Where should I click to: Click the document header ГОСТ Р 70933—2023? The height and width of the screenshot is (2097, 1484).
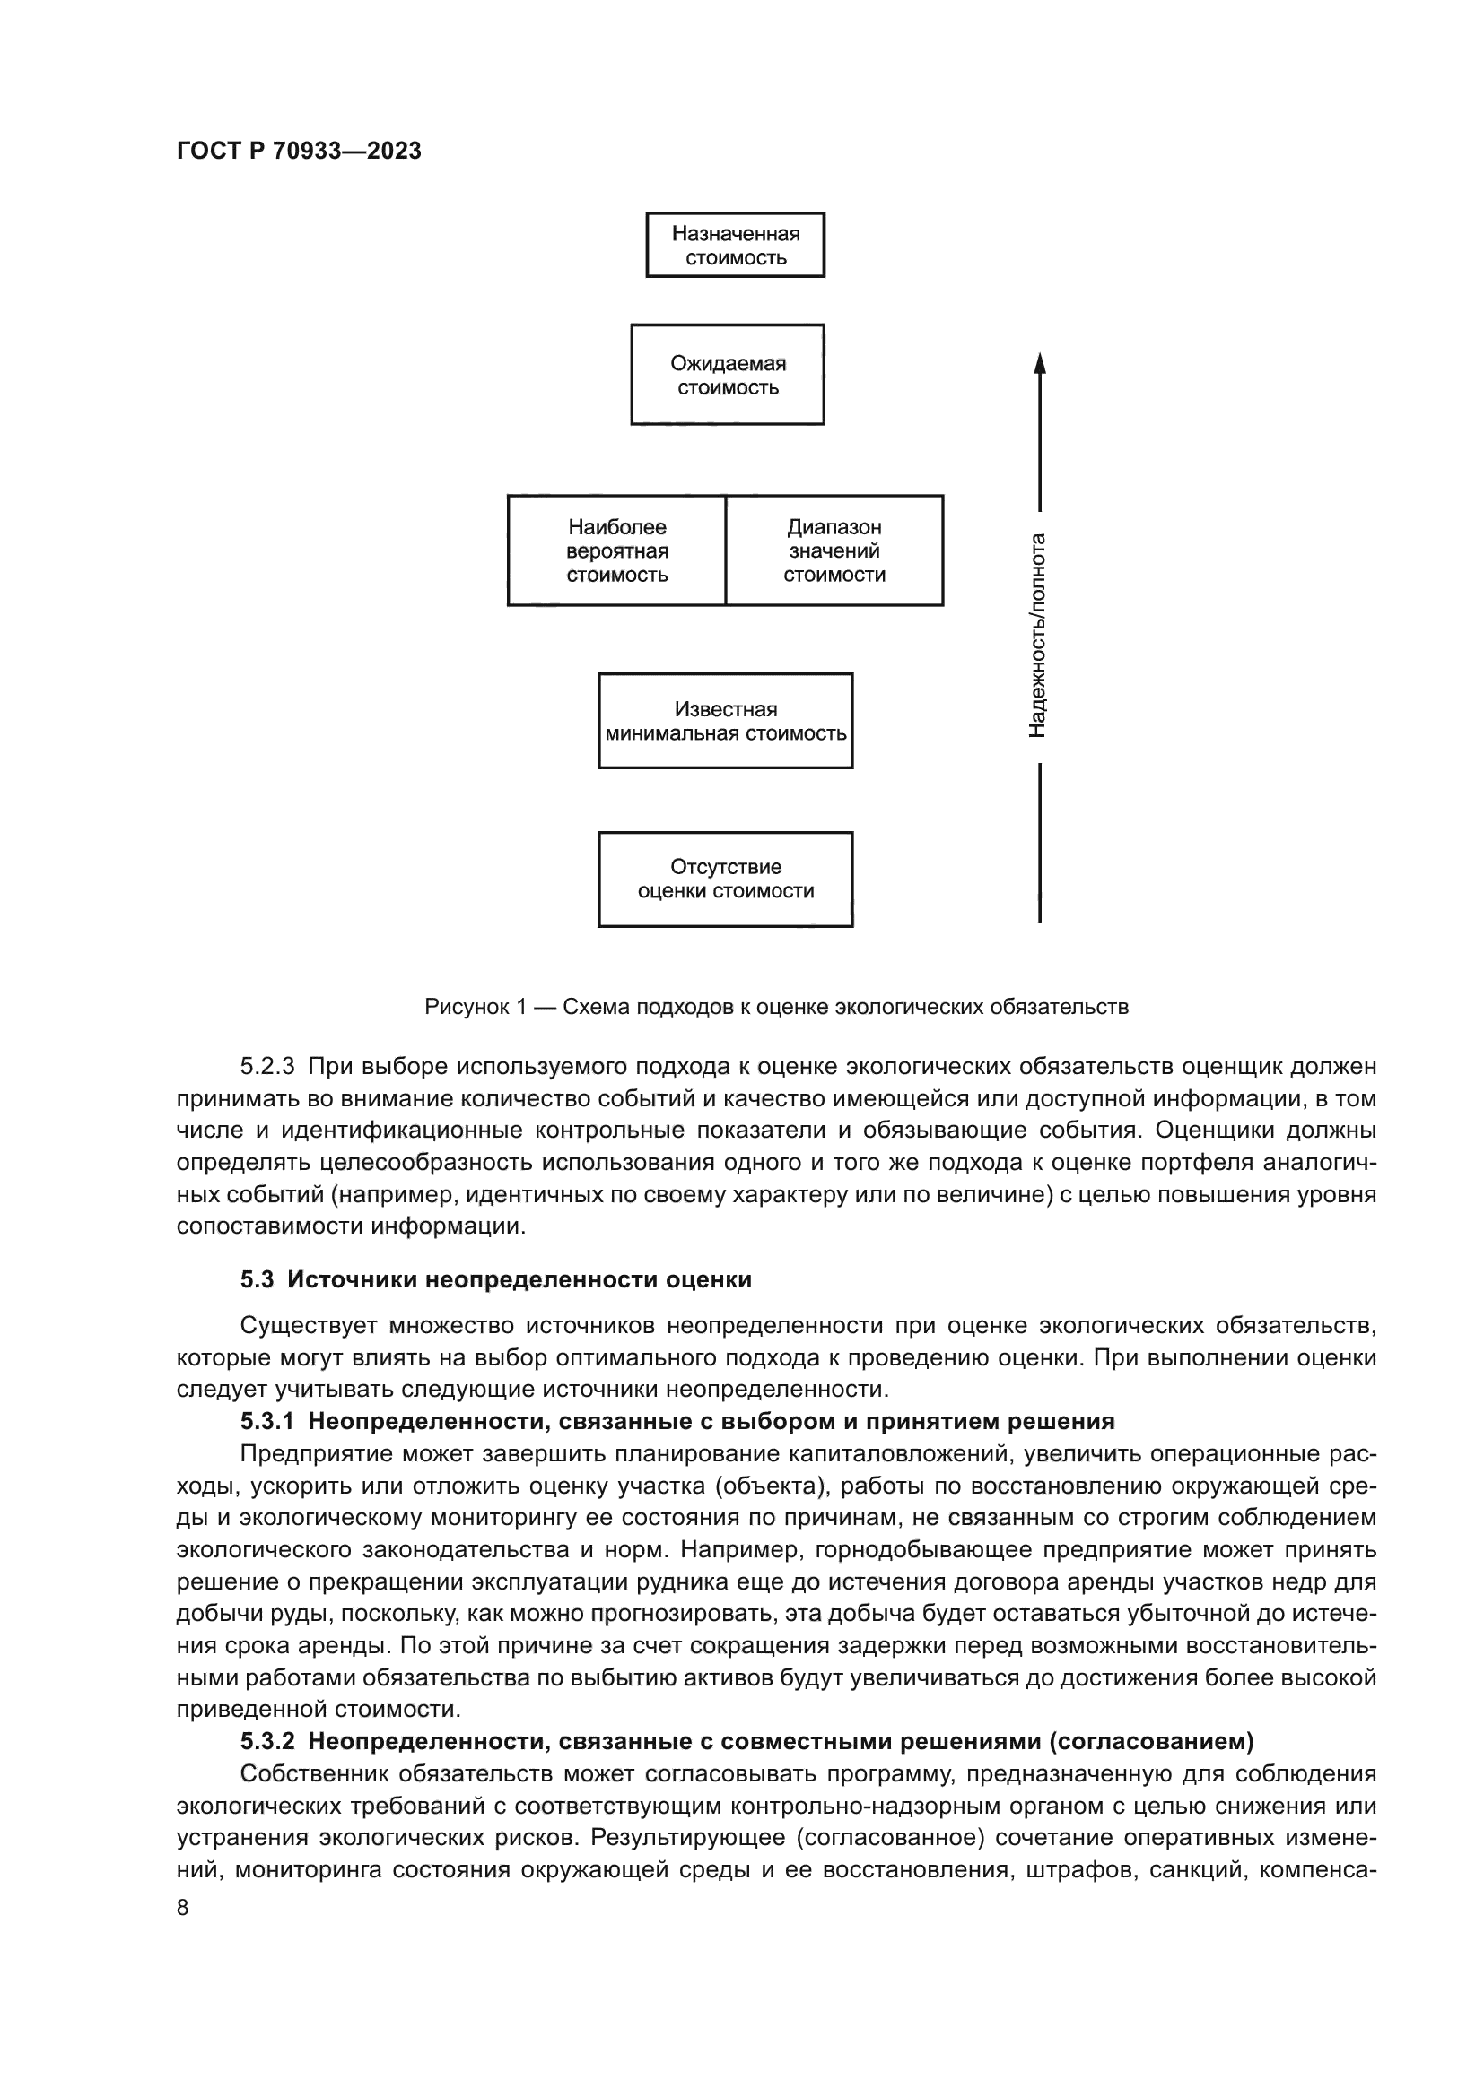(299, 152)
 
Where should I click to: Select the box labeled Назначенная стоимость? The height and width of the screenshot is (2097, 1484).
(735, 245)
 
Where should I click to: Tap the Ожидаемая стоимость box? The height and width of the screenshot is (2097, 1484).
(728, 375)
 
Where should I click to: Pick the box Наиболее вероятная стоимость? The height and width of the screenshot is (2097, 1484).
(616, 550)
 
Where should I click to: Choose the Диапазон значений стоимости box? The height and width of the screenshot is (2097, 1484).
(834, 550)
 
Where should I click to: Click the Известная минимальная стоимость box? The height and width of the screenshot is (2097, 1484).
(726, 721)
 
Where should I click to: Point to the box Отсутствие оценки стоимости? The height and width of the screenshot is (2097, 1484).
(726, 879)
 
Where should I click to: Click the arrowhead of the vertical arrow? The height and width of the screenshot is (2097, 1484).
(1039, 362)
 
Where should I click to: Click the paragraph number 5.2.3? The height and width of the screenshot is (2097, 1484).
(266, 1067)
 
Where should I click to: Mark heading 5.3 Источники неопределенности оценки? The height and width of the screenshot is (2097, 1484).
(496, 1279)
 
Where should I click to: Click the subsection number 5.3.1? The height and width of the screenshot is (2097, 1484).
(266, 1421)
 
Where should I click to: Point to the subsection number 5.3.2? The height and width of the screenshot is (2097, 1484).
(266, 1741)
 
